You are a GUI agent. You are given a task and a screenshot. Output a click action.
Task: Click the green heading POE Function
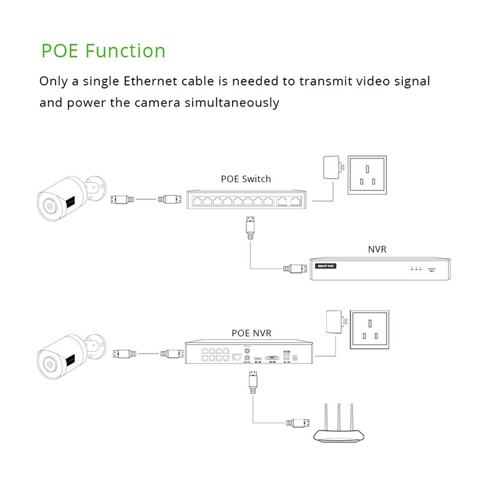104,51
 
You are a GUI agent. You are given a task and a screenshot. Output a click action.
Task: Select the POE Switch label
246,179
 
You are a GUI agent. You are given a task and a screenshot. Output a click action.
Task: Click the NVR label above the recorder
377,249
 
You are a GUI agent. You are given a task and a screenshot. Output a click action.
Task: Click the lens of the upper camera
48,205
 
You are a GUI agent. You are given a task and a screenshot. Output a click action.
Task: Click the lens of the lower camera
48,363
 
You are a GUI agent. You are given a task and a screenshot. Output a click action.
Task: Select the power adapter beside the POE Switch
330,167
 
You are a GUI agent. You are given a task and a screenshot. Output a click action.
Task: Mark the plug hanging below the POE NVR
253,381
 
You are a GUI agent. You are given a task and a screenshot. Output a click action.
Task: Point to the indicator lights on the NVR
415,268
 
